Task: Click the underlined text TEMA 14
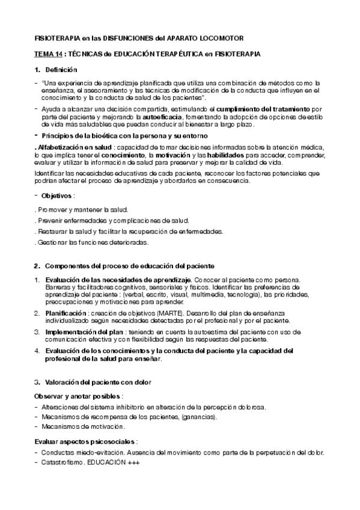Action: tap(47, 54)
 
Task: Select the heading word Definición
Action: tap(61, 70)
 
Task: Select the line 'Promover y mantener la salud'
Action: tap(81, 210)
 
